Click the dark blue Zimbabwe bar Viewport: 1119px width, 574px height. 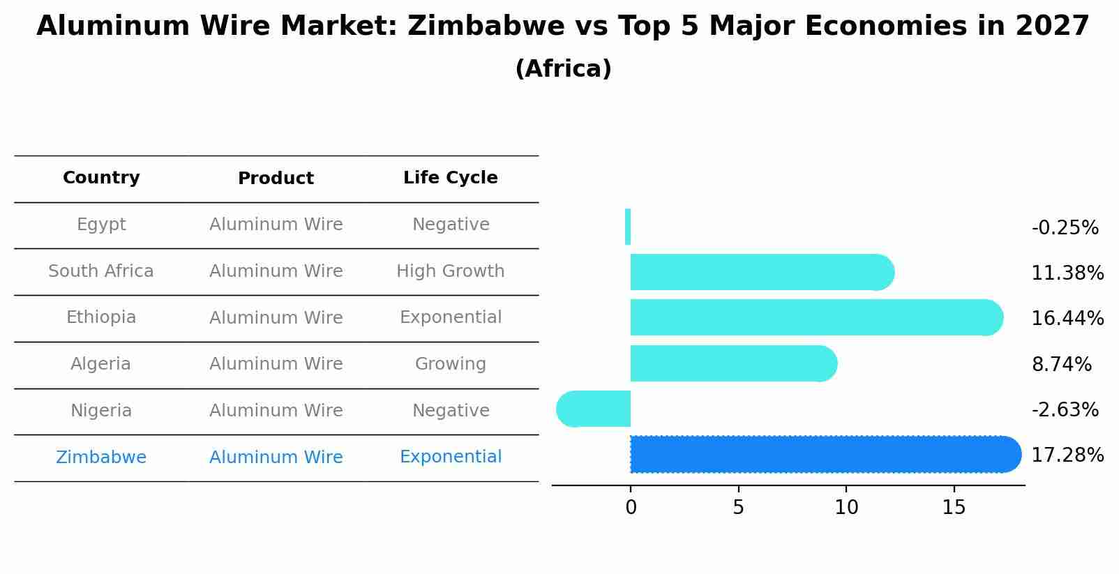click(x=823, y=454)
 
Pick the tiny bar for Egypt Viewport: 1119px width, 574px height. click(x=628, y=227)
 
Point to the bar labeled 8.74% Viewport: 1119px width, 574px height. click(x=733, y=363)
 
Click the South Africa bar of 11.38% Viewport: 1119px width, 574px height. click(x=760, y=272)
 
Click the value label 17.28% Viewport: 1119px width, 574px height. click(x=1067, y=455)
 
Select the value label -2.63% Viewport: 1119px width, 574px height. click(x=1065, y=410)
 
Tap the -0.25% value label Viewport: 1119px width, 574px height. click(x=1065, y=228)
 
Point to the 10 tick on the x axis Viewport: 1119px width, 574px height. click(x=846, y=508)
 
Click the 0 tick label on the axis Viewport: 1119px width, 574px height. click(x=631, y=508)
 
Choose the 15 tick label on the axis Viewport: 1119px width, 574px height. click(x=954, y=508)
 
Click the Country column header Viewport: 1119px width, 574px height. click(x=101, y=178)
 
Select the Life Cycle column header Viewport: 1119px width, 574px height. click(x=450, y=178)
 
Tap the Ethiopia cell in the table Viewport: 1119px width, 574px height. click(x=101, y=317)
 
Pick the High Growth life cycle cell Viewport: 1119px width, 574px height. click(x=450, y=271)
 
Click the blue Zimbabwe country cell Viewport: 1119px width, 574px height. click(x=101, y=458)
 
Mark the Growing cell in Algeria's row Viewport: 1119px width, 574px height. click(x=450, y=364)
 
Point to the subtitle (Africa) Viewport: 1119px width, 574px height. click(x=563, y=69)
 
